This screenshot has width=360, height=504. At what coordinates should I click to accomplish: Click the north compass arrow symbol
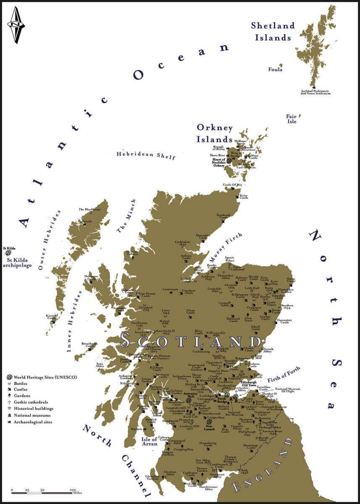(x=16, y=25)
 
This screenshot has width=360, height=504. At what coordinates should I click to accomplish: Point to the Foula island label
(x=275, y=69)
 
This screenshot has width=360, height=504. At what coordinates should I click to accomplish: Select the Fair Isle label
(x=292, y=119)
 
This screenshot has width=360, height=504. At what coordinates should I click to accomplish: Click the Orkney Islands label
(x=214, y=133)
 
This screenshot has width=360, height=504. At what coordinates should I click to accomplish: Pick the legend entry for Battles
(x=23, y=383)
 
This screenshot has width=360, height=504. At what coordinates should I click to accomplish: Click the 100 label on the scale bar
(x=73, y=490)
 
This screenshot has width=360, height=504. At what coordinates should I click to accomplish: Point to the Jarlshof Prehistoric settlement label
(x=315, y=92)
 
